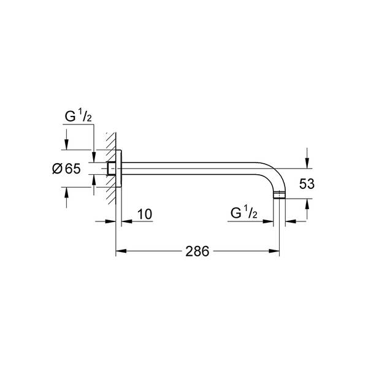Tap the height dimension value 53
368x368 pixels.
(307, 183)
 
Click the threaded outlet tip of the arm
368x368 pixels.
(280, 196)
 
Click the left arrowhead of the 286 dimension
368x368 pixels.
(120, 251)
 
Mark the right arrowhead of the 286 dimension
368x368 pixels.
(276, 251)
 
